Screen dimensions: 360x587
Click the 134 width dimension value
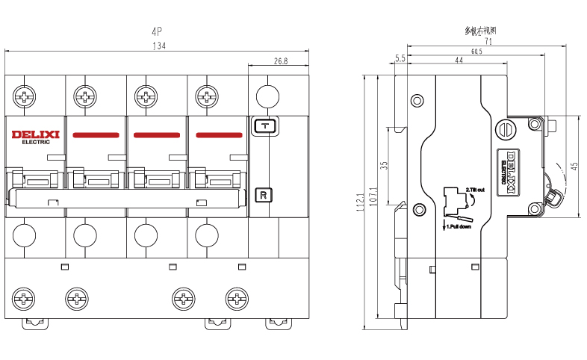click(158, 46)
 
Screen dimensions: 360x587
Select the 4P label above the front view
click(157, 32)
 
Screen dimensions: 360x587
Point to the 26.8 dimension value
click(280, 60)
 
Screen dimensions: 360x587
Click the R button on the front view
click(264, 196)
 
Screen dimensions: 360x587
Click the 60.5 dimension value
click(476, 52)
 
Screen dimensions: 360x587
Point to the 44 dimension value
click(459, 60)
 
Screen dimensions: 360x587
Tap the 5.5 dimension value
click(400, 58)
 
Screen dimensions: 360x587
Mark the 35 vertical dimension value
click(384, 166)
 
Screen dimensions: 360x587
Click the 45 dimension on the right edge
click(574, 167)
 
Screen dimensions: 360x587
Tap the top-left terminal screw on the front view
click(25, 96)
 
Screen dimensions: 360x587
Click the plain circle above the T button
click(267, 96)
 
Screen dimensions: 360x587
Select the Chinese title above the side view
click(481, 31)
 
